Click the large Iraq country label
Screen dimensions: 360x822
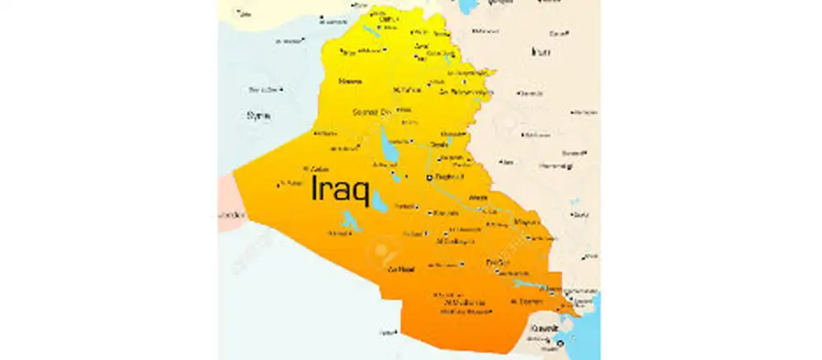coord(339,189)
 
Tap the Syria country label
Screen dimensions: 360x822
coord(258,115)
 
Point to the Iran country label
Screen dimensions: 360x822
coord(540,51)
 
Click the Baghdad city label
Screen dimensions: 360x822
coord(451,177)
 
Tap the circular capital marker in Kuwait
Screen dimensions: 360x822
coord(560,342)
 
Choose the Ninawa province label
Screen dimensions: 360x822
coord(350,81)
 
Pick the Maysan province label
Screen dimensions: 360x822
coord(526,222)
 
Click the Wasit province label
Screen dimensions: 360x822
coord(477,198)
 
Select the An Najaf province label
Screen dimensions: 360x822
coord(400,270)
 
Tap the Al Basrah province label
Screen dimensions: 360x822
coord(525,302)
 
